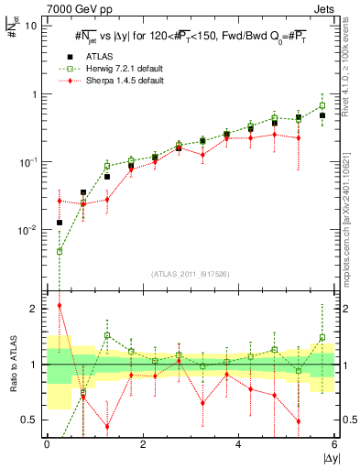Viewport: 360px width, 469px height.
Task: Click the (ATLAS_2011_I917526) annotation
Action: point(191,274)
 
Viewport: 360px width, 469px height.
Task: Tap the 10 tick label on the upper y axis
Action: point(31,26)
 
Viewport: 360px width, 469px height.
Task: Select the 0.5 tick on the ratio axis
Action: point(29,420)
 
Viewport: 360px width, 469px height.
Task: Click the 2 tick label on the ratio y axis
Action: point(34,309)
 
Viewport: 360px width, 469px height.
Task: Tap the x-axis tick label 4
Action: point(239,443)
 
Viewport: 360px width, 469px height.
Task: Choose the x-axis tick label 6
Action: point(334,443)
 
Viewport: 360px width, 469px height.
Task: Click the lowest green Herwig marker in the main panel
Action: point(60,251)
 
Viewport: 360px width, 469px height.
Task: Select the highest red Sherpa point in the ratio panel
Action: point(60,305)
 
